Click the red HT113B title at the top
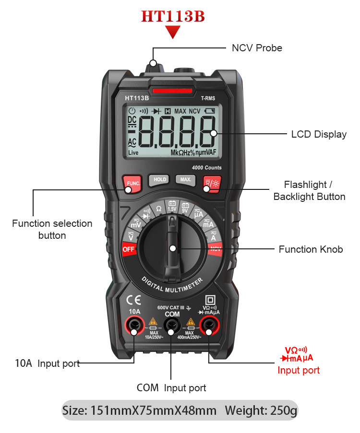tap(173, 17)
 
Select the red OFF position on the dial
tap(129, 249)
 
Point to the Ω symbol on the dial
tap(159, 209)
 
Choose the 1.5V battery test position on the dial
tap(172, 207)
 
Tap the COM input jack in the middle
tap(172, 327)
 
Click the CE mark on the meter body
tap(133, 301)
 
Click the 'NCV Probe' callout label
tap(257, 48)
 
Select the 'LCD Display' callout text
tap(319, 134)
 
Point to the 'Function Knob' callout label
tap(311, 249)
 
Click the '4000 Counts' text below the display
tap(206, 167)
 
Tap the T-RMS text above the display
tap(208, 98)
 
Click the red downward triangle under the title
tap(173, 33)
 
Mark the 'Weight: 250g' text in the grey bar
tap(261, 410)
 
